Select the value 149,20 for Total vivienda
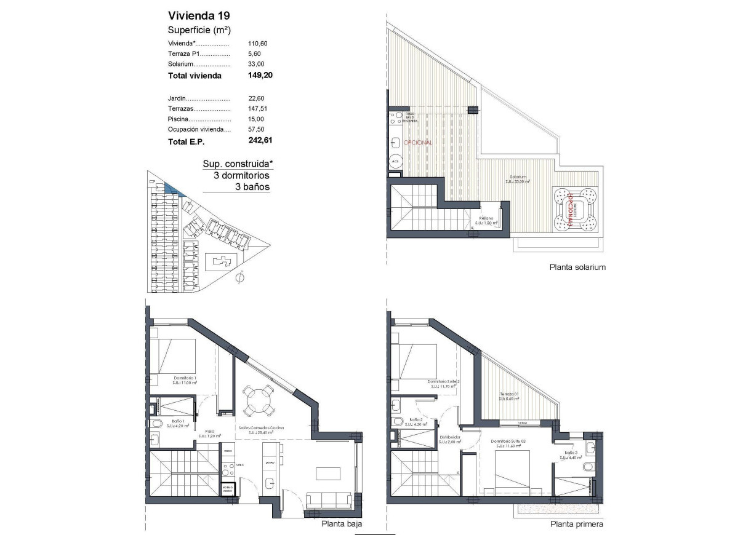click(260, 76)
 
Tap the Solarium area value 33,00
click(256, 64)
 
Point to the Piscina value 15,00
click(256, 119)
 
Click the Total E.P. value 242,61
click(260, 141)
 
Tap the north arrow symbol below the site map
click(240, 277)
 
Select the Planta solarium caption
click(577, 267)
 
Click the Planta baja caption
click(342, 525)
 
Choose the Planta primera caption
click(576, 525)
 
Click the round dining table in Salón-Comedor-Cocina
click(259, 401)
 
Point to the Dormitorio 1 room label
click(185, 378)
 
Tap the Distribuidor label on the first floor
click(450, 438)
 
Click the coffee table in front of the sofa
click(329, 473)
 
